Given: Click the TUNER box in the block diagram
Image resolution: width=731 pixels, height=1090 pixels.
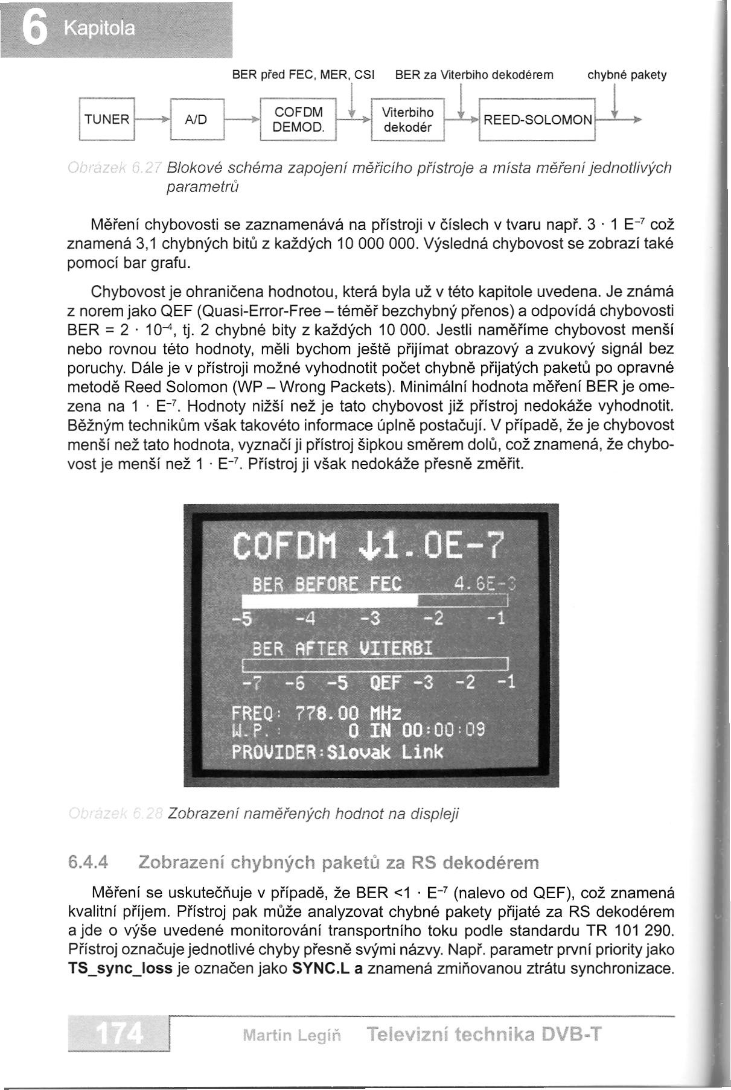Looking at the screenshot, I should pos(107,120).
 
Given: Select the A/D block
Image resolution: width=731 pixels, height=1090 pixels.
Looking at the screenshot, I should pos(197,120).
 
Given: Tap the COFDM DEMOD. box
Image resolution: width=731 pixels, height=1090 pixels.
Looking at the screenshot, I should pos(298,120).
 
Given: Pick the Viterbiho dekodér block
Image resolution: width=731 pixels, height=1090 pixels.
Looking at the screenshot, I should pos(407,120).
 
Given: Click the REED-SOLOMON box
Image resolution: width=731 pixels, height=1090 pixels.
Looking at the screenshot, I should pos(537,120).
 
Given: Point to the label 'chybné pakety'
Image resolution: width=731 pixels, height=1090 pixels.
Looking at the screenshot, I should pos(627,75).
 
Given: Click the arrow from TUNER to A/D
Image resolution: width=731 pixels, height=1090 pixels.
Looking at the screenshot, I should pos(153,120).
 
